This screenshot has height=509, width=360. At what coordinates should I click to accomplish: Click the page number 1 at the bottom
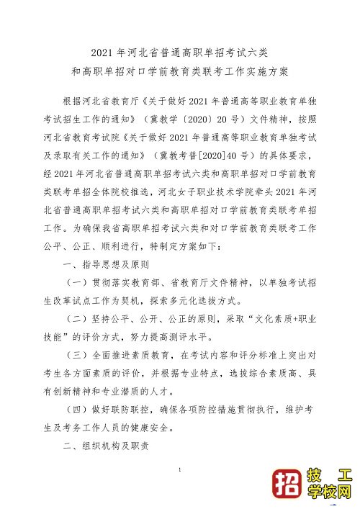pos(180,470)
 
